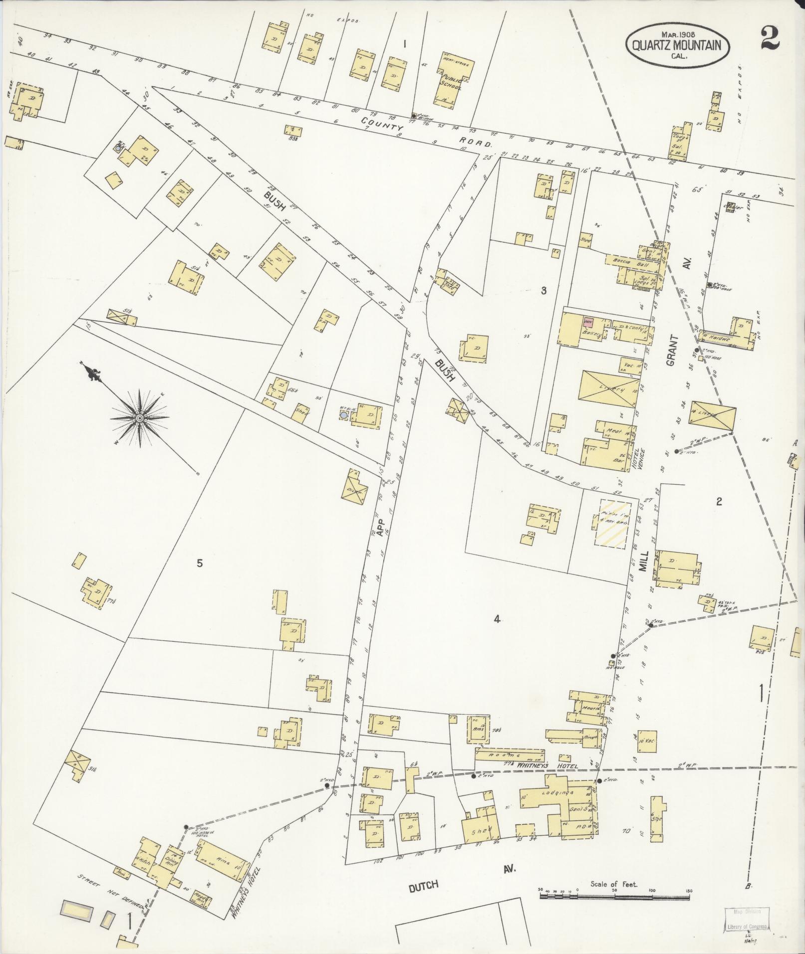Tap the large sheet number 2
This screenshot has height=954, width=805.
[770, 38]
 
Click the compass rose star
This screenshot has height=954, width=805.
[141, 417]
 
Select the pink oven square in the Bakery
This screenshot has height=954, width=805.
[589, 322]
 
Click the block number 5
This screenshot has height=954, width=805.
[200, 564]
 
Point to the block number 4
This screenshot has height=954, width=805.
[497, 620]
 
